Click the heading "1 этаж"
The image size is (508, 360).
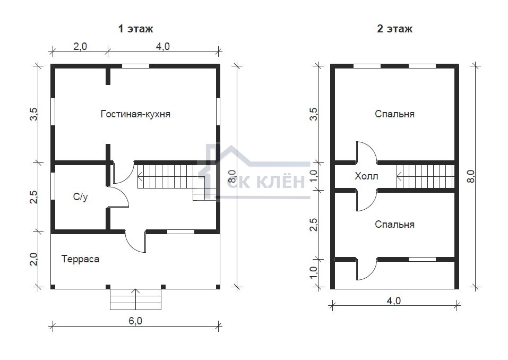[x=135, y=29]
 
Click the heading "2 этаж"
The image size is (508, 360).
[x=394, y=29]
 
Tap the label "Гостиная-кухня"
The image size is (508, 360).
[x=135, y=114]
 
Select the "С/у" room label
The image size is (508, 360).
[x=80, y=196]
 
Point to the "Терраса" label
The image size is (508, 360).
[x=80, y=259]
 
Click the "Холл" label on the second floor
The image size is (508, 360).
[x=366, y=176]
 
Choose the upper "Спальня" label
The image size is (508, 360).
[x=394, y=114]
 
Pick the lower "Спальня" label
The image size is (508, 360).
[x=394, y=224]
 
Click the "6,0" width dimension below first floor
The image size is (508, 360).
[x=135, y=321]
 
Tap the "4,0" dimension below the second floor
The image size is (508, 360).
[x=394, y=301]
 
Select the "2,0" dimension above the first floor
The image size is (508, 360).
[x=80, y=46]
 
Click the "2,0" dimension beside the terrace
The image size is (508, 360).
[x=33, y=259]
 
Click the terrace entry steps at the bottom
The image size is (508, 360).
[x=135, y=299]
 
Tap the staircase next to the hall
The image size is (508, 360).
[x=425, y=176]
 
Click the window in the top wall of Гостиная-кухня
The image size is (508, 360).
[x=135, y=66]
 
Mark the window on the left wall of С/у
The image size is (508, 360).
[x=53, y=186]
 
